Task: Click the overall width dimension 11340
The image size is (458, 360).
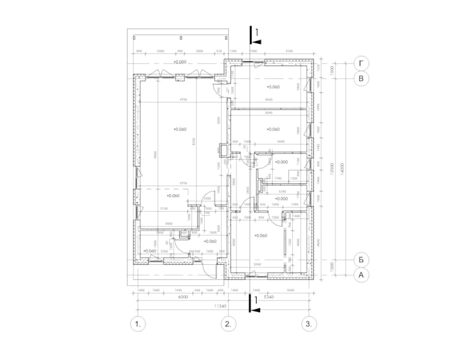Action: (x=220, y=305)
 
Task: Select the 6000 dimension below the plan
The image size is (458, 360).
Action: (x=182, y=297)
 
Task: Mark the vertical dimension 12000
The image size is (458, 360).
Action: (x=333, y=169)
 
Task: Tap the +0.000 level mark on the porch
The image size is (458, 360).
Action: (x=179, y=62)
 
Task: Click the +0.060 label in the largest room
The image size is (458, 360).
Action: (x=179, y=129)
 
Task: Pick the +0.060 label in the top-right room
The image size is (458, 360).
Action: (x=272, y=87)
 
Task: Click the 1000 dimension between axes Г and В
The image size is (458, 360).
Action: (x=333, y=71)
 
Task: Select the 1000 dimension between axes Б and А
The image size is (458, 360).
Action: (x=333, y=267)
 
